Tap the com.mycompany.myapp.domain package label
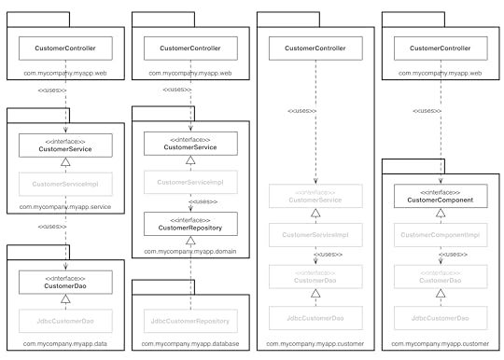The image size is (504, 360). (191, 252)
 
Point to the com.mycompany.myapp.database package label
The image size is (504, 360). (191, 345)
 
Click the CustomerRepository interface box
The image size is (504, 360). (190, 224)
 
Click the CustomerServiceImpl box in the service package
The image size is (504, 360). (65, 184)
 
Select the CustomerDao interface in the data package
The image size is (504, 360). (65, 281)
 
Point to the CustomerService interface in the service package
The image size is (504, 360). (65, 145)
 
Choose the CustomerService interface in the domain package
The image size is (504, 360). (190, 144)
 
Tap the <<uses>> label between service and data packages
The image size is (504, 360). (52, 227)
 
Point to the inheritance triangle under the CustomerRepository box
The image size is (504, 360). (190, 240)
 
